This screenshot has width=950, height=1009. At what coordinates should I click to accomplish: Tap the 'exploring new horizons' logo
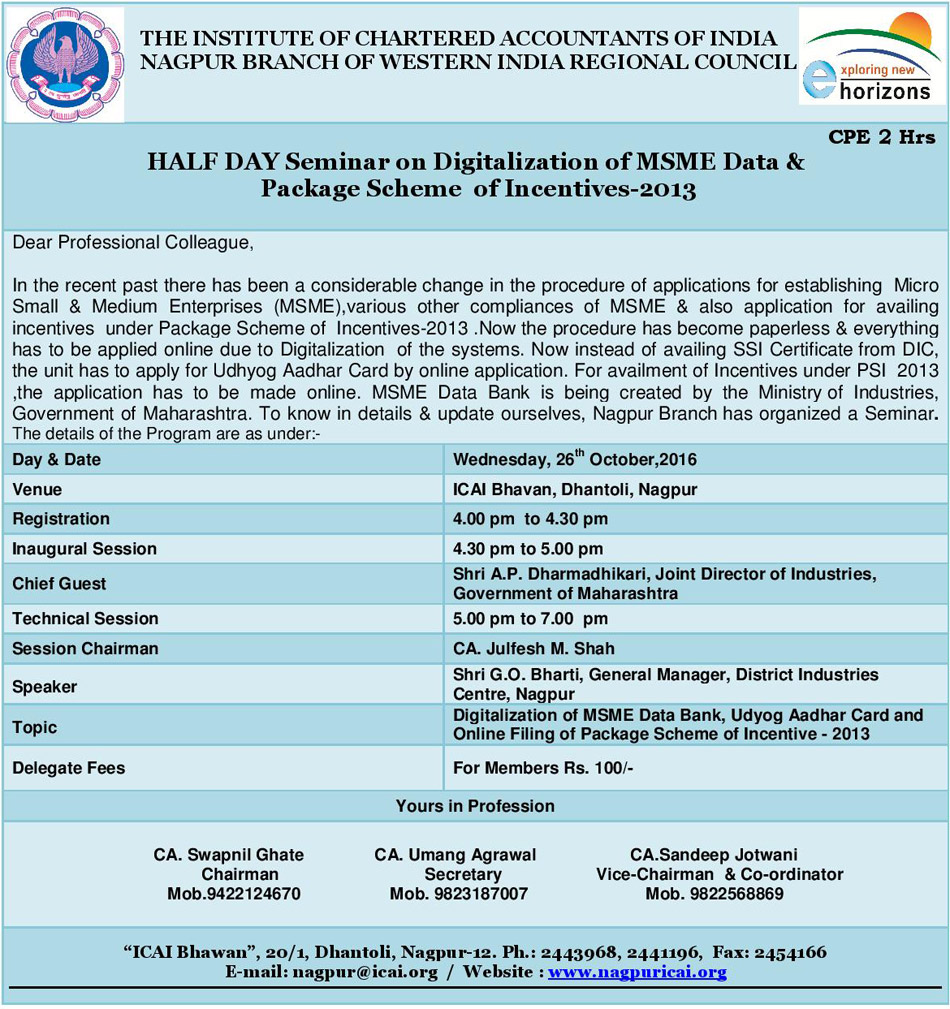coord(872,57)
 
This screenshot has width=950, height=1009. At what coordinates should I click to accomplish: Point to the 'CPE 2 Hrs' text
coord(882,137)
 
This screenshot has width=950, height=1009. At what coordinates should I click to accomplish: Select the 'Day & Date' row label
coord(57,460)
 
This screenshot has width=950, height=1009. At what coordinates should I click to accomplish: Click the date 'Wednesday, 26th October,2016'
coord(575,460)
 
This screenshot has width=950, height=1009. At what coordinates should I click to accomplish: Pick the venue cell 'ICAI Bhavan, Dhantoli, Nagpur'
coord(575,489)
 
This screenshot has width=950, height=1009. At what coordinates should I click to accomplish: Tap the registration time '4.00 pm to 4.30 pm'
coord(530,519)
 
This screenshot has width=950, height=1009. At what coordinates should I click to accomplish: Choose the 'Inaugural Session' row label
coord(84,549)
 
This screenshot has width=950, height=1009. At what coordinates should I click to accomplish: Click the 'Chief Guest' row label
coord(59,583)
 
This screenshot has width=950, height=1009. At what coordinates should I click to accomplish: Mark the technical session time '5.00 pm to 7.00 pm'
coord(530,619)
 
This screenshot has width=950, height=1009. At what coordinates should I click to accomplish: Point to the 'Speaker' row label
coord(44,687)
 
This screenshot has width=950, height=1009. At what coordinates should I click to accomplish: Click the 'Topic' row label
coord(35,727)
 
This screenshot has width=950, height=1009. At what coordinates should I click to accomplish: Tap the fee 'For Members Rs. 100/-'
coord(543,768)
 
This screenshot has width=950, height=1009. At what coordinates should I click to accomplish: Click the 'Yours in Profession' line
coord(475,806)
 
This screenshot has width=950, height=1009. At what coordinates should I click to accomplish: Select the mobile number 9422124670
coord(234,894)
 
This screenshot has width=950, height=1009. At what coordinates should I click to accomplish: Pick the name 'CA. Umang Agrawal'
coord(455,855)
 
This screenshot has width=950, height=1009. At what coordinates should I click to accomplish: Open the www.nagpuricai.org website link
coord(637,972)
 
